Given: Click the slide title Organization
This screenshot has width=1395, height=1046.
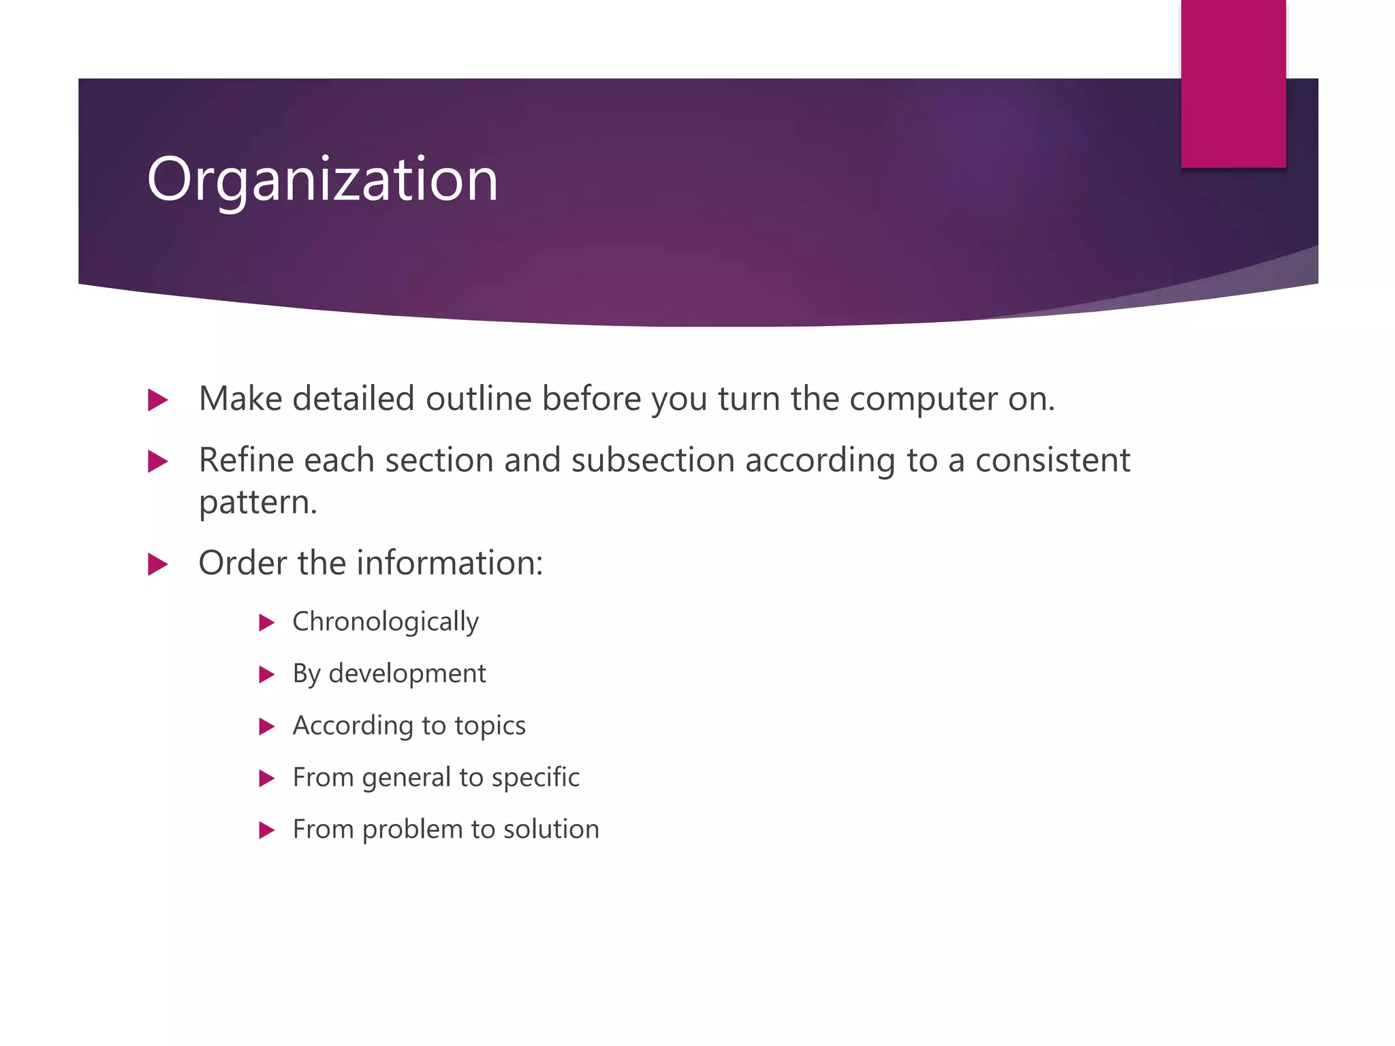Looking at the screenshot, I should click(322, 180).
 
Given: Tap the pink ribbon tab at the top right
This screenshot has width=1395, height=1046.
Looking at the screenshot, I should click(1233, 83).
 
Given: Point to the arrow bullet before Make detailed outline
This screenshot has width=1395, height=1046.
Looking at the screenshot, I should click(157, 400).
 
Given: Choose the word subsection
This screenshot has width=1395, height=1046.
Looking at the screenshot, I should click(653, 461).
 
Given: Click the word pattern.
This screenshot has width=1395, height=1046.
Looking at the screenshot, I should click(257, 503).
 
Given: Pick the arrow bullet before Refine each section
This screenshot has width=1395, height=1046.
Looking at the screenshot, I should click(157, 462).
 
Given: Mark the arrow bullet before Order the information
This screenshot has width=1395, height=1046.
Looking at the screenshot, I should click(157, 565).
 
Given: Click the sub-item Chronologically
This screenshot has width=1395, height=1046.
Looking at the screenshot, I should click(386, 622).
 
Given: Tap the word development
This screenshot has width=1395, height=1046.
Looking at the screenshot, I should click(407, 674).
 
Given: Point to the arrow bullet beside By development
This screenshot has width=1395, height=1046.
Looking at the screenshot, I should click(266, 675).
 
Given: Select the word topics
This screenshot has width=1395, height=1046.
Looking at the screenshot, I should click(490, 726).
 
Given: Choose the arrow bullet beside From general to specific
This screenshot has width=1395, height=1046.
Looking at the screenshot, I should click(266, 778).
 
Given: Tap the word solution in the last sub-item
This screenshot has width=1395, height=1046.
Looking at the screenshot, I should click(551, 829).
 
